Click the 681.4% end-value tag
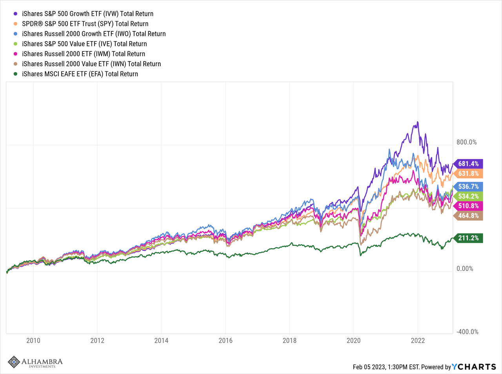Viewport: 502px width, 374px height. coord(468,164)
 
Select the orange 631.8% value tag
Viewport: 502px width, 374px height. coord(468,174)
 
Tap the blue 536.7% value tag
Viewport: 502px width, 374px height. coord(468,187)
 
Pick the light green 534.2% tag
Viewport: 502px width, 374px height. coord(468,196)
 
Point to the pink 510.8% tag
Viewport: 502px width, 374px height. coord(468,206)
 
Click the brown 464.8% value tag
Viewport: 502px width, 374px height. coord(468,216)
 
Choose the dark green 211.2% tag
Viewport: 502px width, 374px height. coord(468,238)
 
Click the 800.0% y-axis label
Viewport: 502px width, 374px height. coord(466,142)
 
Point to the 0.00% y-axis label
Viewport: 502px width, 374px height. coord(465,269)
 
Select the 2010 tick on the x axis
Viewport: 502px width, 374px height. coord(33,340)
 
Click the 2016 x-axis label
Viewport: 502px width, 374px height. coord(226,340)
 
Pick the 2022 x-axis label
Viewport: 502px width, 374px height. coord(418,340)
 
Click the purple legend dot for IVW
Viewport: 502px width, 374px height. coord(15,14)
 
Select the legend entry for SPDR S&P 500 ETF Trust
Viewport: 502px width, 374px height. coord(85,24)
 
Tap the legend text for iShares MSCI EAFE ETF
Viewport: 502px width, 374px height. coord(80,74)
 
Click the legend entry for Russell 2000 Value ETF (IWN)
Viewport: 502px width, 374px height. coord(91,64)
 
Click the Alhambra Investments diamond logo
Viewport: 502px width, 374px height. coord(14,362)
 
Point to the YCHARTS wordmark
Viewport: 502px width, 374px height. coord(474,367)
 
